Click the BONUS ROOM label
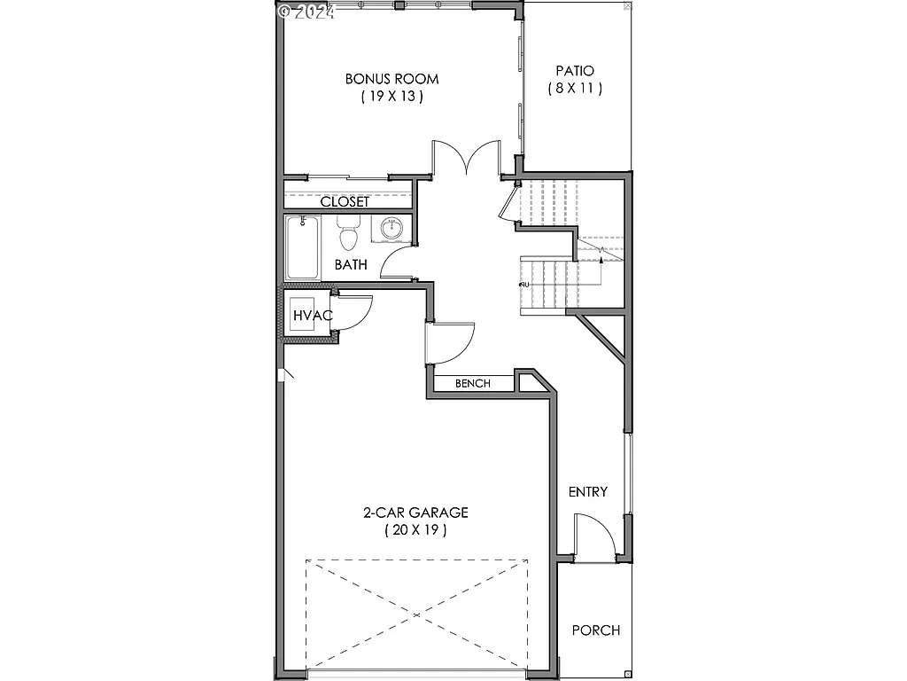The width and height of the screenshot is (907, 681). [391, 79]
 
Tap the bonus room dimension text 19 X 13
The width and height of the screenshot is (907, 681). [391, 97]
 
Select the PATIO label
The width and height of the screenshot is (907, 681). [574, 70]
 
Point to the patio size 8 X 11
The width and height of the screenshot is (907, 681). [574, 88]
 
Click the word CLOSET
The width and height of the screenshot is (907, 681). [345, 202]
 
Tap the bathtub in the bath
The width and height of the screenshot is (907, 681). [304, 249]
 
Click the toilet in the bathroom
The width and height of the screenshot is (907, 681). [348, 235]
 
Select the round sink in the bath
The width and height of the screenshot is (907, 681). [391, 230]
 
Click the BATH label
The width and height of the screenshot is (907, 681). [351, 264]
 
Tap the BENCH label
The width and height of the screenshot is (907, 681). [473, 383]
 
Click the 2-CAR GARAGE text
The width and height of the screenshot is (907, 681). [415, 513]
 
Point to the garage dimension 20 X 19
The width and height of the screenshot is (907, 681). [415, 530]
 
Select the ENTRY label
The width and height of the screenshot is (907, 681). [588, 491]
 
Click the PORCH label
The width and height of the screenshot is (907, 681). [595, 630]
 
